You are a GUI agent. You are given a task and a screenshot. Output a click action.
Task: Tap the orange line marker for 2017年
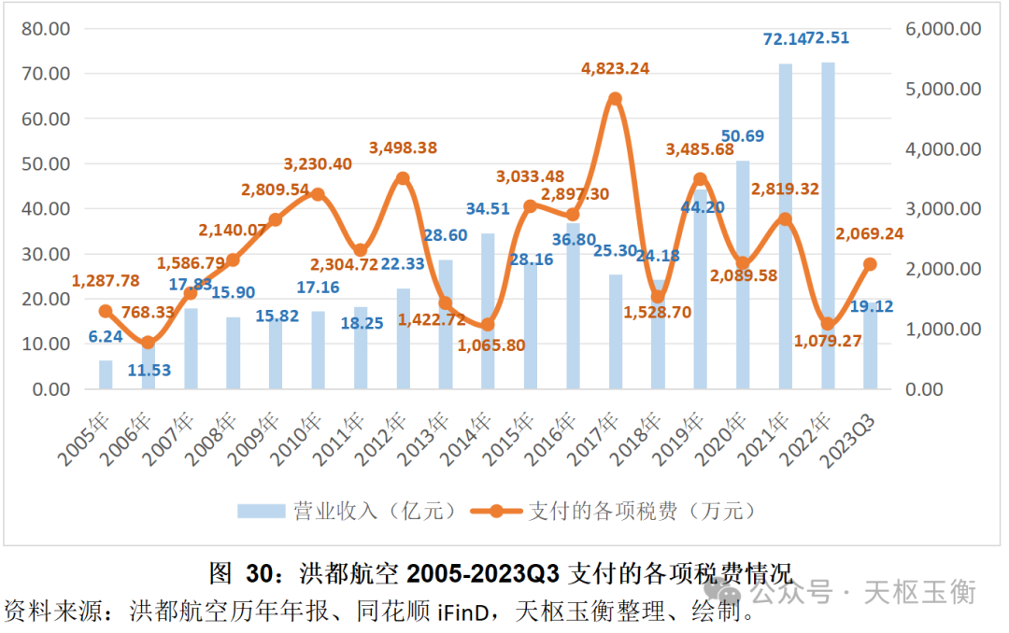615,99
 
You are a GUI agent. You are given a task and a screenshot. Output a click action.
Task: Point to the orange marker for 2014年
488,325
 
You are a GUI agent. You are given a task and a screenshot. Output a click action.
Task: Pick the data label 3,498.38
403,148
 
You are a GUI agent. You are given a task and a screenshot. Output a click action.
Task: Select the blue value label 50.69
743,136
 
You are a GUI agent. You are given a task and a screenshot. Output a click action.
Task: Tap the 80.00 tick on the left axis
46,29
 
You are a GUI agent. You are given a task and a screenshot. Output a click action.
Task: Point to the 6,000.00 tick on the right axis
942,29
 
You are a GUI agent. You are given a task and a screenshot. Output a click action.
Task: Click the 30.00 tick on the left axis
46,254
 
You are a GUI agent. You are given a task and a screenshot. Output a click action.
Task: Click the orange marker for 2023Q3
870,264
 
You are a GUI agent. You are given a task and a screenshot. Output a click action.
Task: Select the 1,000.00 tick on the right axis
942,329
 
